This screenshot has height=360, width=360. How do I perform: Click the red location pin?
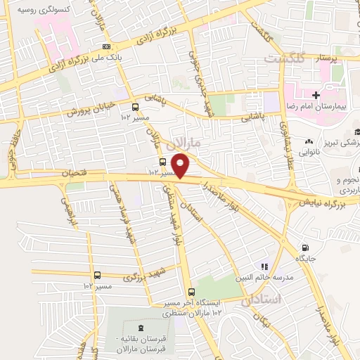coord(182,165)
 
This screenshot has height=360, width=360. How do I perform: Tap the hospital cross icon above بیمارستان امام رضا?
coord(316,94)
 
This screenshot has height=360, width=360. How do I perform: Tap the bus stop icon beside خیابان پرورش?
coord(135,108)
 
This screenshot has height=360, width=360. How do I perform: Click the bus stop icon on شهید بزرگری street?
coord(97,276)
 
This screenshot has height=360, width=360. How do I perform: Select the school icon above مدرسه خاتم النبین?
coord(264,266)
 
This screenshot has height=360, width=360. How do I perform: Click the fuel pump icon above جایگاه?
coord(304,247)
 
